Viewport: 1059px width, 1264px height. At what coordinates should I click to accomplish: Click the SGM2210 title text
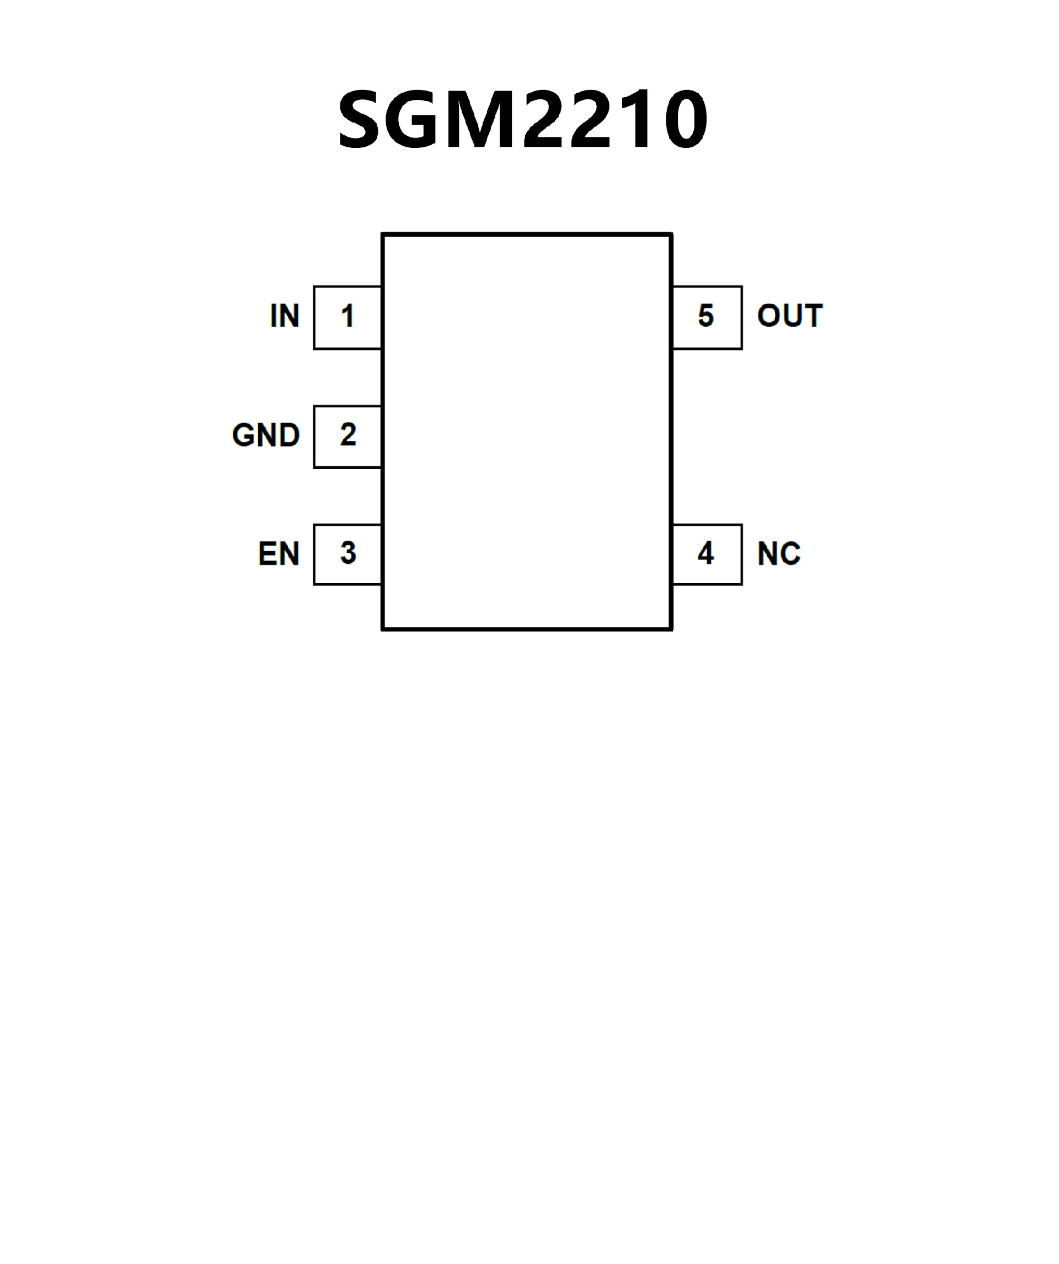point(522,119)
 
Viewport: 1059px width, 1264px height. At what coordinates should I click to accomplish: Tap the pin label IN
point(285,316)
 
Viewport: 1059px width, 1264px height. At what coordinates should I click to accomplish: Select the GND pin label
point(265,435)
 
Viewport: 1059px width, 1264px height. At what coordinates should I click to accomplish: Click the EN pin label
point(279,554)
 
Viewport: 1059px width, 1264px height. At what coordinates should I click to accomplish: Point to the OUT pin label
point(789,316)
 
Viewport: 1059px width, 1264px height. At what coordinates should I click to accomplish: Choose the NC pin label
point(779,554)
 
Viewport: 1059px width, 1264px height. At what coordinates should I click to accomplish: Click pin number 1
point(347,316)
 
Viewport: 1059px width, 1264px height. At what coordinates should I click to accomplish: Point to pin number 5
point(706,316)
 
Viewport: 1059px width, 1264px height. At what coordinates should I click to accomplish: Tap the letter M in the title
point(476,119)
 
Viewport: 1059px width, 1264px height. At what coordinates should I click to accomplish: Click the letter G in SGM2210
point(413,119)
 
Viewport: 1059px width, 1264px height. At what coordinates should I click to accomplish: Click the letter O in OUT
point(768,316)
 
